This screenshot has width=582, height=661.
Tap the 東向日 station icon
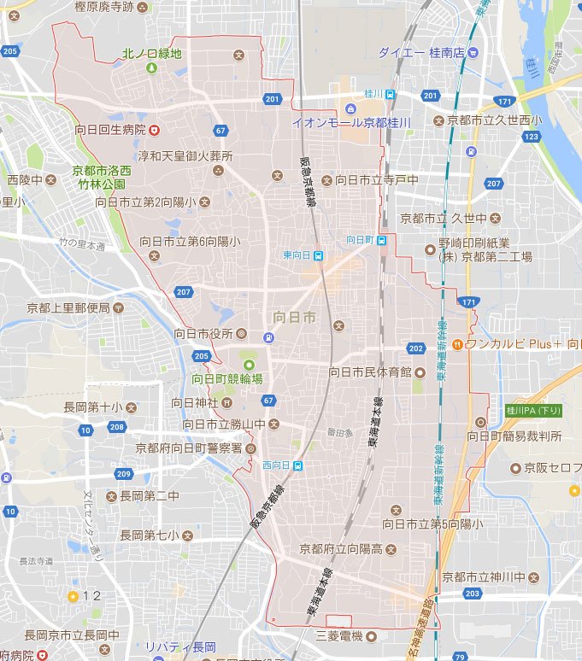point(318,254)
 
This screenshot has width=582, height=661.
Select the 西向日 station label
point(276,465)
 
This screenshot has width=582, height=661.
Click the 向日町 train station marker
point(382,240)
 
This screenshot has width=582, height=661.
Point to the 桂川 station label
point(373,93)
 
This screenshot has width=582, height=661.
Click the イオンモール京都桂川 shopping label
point(351,122)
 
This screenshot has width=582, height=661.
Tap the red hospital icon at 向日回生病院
point(155,130)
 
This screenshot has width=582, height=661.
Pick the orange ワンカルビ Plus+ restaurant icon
point(457,344)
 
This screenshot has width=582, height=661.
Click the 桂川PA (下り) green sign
point(534,410)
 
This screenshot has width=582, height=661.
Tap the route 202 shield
point(416,348)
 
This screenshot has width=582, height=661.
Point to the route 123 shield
point(532,136)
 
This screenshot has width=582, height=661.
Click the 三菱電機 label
point(340,636)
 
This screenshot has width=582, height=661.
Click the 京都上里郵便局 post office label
point(68,307)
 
